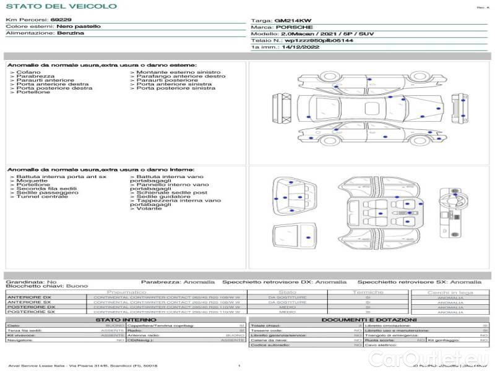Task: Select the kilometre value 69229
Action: point(61,20)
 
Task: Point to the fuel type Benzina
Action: point(70,33)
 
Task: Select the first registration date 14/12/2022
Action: point(299,47)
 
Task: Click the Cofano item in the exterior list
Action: point(28,72)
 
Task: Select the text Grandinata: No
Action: point(31,281)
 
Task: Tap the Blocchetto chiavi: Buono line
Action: point(46,286)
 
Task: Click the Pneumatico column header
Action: point(126,292)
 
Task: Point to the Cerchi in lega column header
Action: point(450,292)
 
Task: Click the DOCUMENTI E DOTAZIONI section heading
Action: point(369,319)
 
